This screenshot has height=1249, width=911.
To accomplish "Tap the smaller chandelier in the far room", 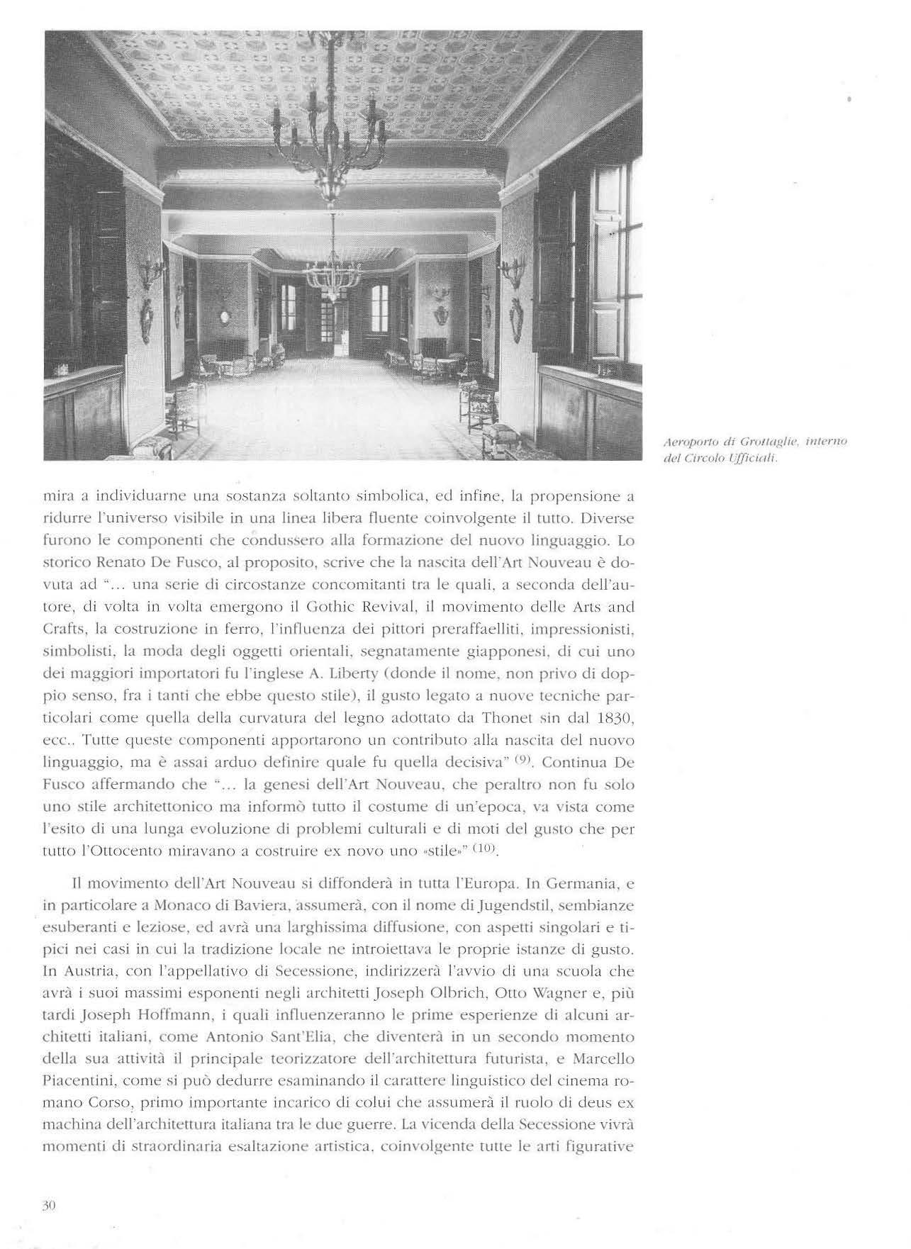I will [x=333, y=272].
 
